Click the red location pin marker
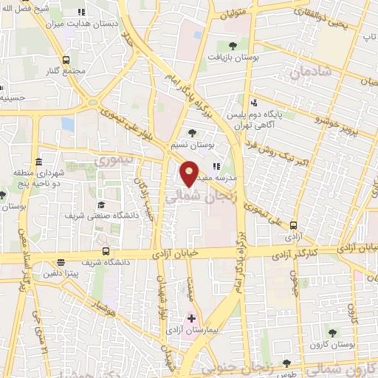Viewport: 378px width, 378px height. [x=190, y=174]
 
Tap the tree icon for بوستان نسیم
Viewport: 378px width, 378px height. [x=193, y=133]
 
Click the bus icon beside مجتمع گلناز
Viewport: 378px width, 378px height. [x=67, y=60]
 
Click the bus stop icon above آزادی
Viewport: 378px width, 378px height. [x=294, y=226]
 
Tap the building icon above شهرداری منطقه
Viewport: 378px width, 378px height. [x=38, y=162]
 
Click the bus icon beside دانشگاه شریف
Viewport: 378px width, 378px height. [x=107, y=251]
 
